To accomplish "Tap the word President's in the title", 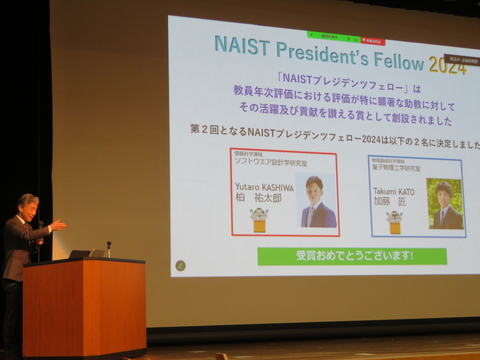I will click(324, 49).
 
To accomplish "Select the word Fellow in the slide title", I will click(398, 55).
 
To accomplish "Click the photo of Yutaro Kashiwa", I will click(317, 201).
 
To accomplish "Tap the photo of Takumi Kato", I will click(444, 204).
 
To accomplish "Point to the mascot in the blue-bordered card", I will click(394, 221).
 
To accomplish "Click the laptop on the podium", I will click(80, 255).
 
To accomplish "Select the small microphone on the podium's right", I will click(108, 247).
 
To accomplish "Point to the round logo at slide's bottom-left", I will click(180, 266).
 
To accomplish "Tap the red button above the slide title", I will click(371, 41).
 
